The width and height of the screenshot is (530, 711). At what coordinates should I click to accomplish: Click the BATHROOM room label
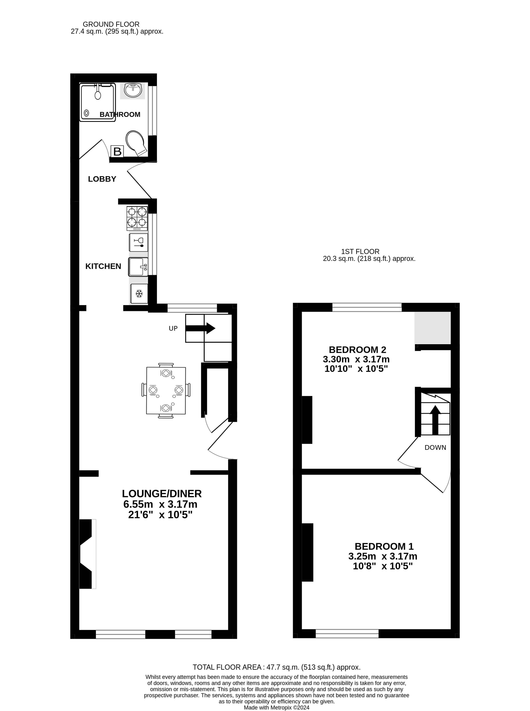[x=120, y=115]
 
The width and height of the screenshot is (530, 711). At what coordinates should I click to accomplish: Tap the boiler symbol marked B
[x=117, y=151]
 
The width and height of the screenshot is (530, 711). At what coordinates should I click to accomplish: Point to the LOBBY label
[x=102, y=179]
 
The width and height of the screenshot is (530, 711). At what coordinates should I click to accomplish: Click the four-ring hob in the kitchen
[x=137, y=218]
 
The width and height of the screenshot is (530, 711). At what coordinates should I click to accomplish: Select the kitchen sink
[x=138, y=267]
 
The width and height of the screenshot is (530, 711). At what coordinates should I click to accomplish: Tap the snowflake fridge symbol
[x=139, y=293]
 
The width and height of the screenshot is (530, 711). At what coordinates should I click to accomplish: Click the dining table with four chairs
[x=166, y=390]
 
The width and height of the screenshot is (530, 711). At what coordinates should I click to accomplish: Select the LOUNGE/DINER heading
[x=162, y=493]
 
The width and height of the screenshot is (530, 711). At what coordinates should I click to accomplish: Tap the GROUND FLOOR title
[x=111, y=24]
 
